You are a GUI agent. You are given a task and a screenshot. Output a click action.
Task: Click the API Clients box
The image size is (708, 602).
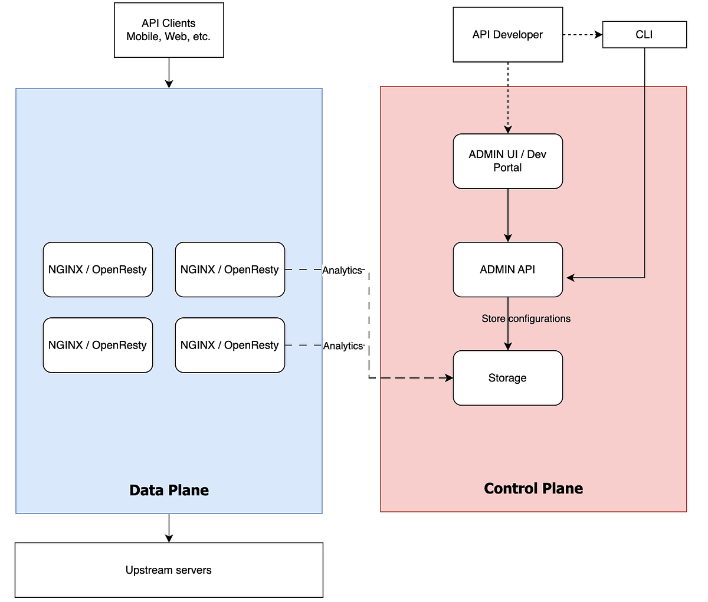[169, 30]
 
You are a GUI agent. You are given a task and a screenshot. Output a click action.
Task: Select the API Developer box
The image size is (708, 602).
[507, 35]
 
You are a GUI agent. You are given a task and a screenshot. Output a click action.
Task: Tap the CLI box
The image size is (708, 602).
[644, 35]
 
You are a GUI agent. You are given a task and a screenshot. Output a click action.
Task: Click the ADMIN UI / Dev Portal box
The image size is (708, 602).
[507, 161]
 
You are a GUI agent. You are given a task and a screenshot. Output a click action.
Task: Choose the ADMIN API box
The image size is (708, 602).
[507, 269]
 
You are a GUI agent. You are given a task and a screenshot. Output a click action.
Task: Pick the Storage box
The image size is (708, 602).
[507, 378]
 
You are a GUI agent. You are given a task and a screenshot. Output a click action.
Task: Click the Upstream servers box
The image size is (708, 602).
[169, 570]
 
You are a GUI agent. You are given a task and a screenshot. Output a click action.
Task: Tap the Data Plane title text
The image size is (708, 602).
[169, 490]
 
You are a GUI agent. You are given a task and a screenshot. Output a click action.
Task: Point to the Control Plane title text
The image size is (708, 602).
[533, 488]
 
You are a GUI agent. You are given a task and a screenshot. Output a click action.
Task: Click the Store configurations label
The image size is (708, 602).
[526, 318]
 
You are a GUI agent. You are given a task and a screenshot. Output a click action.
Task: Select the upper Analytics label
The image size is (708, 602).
[342, 270]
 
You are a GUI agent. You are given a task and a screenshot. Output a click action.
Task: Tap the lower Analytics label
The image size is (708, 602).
[343, 346]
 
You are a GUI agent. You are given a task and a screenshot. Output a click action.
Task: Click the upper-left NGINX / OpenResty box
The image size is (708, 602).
[98, 269]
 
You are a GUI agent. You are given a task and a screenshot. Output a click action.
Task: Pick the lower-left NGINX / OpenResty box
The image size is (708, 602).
[98, 345]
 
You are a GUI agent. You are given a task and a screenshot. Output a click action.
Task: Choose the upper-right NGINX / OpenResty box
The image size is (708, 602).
[230, 269]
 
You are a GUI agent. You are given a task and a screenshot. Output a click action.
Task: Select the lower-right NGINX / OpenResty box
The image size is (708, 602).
[230, 345]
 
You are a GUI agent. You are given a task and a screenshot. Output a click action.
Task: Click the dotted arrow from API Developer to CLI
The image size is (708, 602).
[582, 35]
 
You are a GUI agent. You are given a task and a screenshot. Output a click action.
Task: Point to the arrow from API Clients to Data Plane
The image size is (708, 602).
[169, 73]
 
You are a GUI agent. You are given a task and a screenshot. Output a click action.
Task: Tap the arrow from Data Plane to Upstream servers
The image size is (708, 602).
[169, 528]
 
